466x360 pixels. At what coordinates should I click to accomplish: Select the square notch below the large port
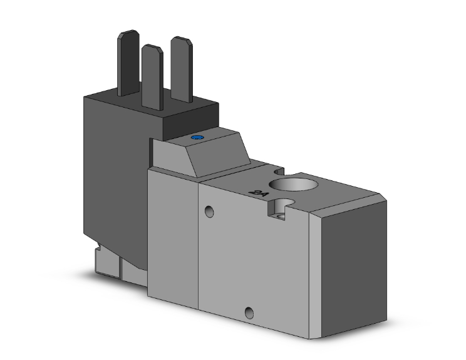(x=280, y=208)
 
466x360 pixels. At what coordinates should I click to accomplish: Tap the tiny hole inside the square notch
(x=282, y=216)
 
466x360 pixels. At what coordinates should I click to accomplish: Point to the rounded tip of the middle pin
(x=150, y=48)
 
